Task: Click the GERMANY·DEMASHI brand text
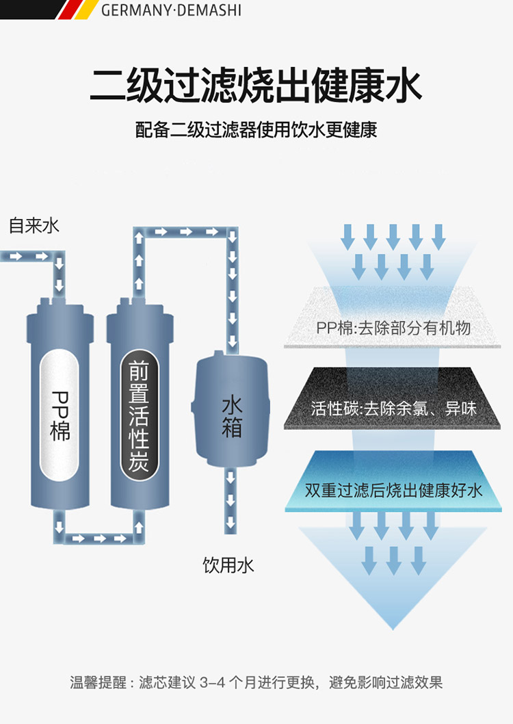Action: click(x=171, y=10)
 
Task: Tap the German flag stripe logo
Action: click(x=75, y=10)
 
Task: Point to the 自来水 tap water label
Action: click(x=34, y=226)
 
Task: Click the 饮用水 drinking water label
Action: click(x=228, y=565)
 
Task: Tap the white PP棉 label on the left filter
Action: click(x=60, y=415)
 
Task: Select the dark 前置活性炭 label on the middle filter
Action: click(x=139, y=415)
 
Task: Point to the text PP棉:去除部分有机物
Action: click(x=393, y=328)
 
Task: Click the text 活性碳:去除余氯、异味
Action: click(x=393, y=409)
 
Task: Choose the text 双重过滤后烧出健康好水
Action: click(x=393, y=490)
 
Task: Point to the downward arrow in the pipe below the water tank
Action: click(x=232, y=500)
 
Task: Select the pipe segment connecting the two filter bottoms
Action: click(x=100, y=538)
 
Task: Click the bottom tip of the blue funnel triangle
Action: click(x=393, y=626)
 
